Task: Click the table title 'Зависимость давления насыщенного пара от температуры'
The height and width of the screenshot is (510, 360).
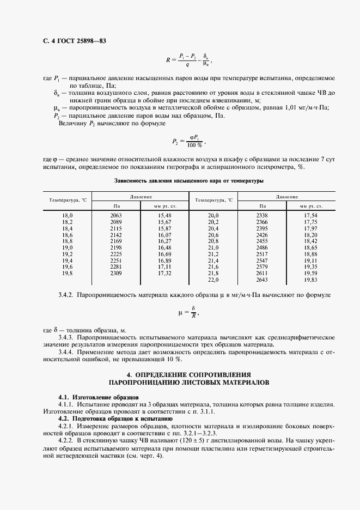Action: (x=189, y=180)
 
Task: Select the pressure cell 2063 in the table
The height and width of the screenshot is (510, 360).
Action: (x=116, y=216)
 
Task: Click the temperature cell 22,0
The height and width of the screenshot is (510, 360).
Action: (x=213, y=280)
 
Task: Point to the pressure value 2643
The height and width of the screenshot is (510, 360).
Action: (x=262, y=280)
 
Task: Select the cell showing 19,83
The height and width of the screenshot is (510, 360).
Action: (x=310, y=280)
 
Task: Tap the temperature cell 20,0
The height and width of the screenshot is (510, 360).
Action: (x=213, y=216)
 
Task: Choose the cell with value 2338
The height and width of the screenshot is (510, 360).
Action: (x=262, y=216)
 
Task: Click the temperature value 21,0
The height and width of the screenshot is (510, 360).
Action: (x=213, y=248)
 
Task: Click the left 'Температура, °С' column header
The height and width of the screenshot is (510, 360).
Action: (x=68, y=201)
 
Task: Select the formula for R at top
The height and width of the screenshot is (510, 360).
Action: (x=187, y=60)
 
